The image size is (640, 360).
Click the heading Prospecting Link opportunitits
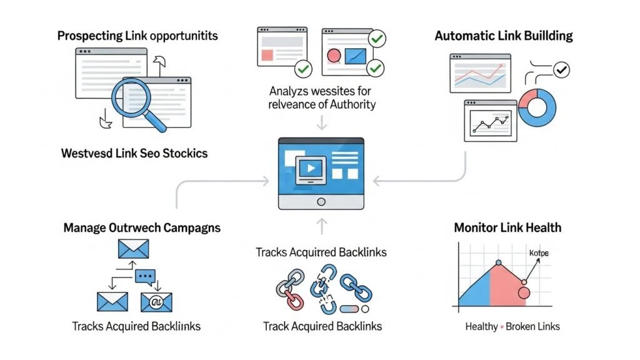[x=137, y=36]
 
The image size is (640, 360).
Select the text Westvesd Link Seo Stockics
[x=134, y=153]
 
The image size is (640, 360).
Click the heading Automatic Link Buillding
[x=504, y=36]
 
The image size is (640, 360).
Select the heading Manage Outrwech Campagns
[x=142, y=227]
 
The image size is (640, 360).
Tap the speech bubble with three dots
[x=145, y=276]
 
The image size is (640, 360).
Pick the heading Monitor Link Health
[x=507, y=227]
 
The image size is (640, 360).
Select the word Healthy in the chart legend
[x=481, y=326]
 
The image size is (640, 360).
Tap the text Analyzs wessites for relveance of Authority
[x=322, y=97]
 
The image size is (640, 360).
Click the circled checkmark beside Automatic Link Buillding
[x=562, y=70]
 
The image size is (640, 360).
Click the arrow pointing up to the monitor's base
[x=321, y=224]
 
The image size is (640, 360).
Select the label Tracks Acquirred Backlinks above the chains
[x=321, y=252]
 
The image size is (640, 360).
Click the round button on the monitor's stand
[x=321, y=201]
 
